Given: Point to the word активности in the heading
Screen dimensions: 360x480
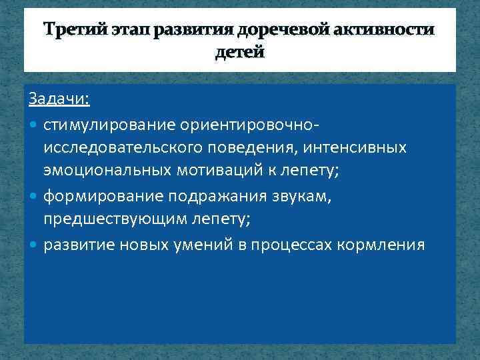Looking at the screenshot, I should [x=398, y=31].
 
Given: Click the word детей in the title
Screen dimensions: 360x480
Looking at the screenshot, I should [x=240, y=52].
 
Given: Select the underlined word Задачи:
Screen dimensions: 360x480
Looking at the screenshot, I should [x=59, y=99].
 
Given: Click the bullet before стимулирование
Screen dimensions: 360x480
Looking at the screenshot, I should [x=34, y=125].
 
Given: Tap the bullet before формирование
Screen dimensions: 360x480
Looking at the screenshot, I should [x=34, y=197].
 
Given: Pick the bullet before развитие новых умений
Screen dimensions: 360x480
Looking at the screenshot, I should [x=34, y=245].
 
